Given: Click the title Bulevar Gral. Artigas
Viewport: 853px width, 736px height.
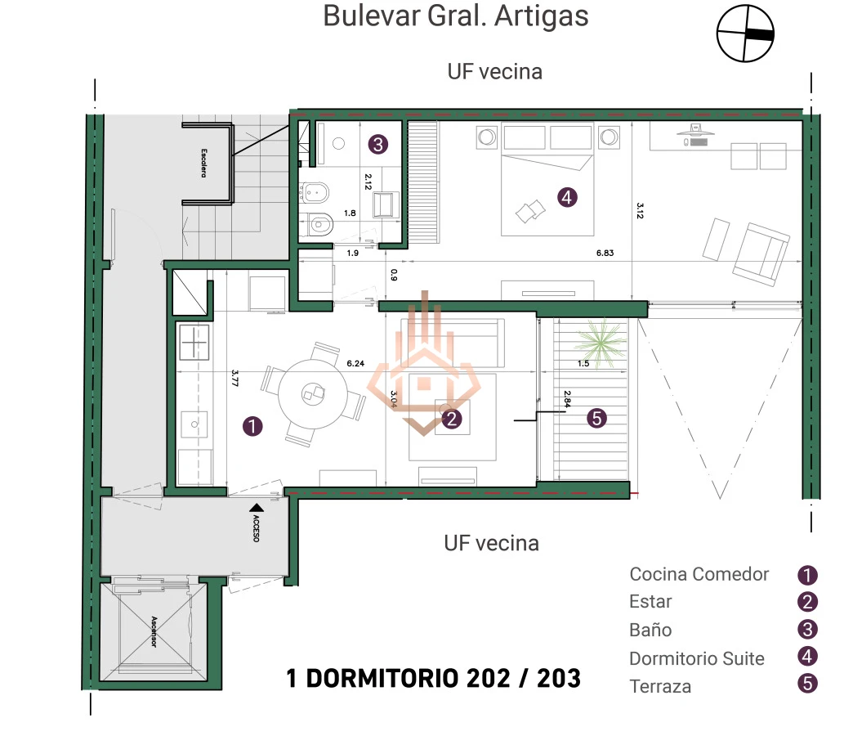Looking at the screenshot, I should click(455, 16).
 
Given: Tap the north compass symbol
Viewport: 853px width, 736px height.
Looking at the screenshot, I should click(744, 34).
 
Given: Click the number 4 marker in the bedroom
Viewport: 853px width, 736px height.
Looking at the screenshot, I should click(566, 196).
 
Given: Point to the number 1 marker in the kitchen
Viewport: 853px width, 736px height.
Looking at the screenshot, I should click(253, 425).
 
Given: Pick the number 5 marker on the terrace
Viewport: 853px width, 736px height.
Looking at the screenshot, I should click(596, 419).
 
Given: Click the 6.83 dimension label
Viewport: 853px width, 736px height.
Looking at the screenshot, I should click(605, 253).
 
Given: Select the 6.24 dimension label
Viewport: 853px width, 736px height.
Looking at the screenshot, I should click(355, 364).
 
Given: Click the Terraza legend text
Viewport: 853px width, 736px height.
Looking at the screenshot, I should click(660, 686).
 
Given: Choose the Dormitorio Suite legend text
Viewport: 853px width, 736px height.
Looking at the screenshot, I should click(696, 658).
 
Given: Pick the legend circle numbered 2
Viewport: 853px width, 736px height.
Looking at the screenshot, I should click(807, 603).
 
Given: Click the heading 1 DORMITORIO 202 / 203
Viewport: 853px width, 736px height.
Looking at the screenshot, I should click(433, 678).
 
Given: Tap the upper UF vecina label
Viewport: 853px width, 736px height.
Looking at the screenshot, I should click(494, 72).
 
